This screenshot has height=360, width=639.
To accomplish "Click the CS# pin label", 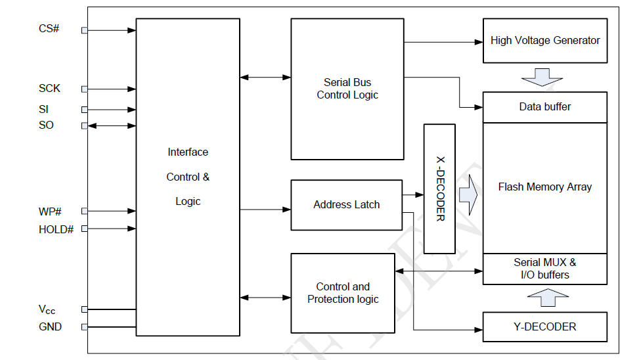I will click(x=50, y=29).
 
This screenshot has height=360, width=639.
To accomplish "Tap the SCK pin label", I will click(x=50, y=88).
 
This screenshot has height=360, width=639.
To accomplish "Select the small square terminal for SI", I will click(x=84, y=110).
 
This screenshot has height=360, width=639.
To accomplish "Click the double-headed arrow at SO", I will click(x=112, y=125).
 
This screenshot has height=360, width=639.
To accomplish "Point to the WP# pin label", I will click(x=51, y=211).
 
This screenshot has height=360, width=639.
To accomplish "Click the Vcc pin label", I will click(x=47, y=309).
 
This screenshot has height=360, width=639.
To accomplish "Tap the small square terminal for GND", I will click(x=84, y=327).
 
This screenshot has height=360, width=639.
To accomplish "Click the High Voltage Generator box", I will click(x=545, y=41).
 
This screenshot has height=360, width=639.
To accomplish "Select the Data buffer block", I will click(x=545, y=107).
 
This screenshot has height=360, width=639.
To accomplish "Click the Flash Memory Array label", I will click(x=545, y=187).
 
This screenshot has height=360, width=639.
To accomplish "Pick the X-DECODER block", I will click(x=440, y=189).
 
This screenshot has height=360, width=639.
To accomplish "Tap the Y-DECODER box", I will click(x=545, y=326).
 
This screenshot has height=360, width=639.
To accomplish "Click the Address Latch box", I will click(x=346, y=205).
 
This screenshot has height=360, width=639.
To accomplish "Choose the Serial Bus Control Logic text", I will click(x=347, y=89).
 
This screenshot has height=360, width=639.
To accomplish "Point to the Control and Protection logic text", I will click(x=343, y=293).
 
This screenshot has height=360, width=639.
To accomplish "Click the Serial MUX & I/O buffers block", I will click(x=545, y=269).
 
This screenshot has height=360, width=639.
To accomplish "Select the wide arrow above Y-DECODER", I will click(x=545, y=298).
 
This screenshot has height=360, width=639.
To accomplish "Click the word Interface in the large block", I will click(x=188, y=152).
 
